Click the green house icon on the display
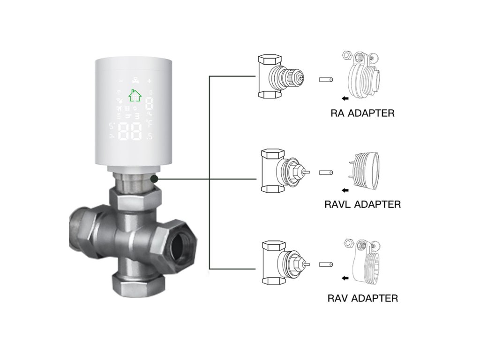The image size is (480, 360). (135, 95)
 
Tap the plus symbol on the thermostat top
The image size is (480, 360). (150, 79)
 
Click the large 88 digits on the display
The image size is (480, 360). (131, 133)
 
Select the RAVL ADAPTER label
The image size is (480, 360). (363, 204)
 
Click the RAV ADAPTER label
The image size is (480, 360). (363, 298)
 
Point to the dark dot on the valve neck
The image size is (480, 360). (154, 179)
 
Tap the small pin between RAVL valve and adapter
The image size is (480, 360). (326, 172)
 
